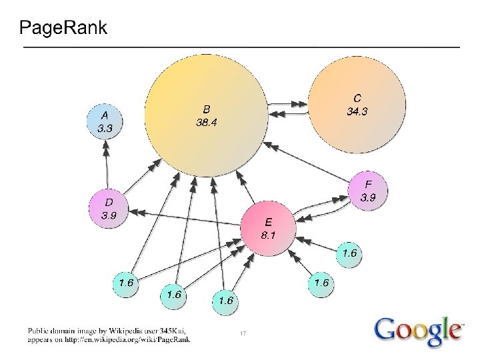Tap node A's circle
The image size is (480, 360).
pyautogui.click(x=105, y=121)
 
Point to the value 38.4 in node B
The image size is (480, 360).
pyautogui.click(x=206, y=123)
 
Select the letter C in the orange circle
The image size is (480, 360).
pyautogui.click(x=357, y=99)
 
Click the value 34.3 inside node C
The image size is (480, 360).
pyautogui.click(x=357, y=111)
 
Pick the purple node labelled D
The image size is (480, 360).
pyautogui.click(x=107, y=208)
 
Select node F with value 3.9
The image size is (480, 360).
pyautogui.click(x=367, y=190)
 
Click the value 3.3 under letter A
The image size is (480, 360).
pyautogui.click(x=105, y=127)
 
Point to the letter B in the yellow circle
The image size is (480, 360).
pyautogui.click(x=207, y=109)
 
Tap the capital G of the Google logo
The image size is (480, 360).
pyautogui.click(x=387, y=329)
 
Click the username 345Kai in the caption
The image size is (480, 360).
pyautogui.click(x=171, y=330)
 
